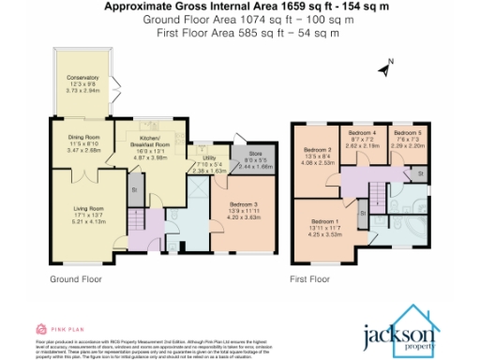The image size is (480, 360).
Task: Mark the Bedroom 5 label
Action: [x=408, y=137]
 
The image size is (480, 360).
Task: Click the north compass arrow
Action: [x=383, y=67]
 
